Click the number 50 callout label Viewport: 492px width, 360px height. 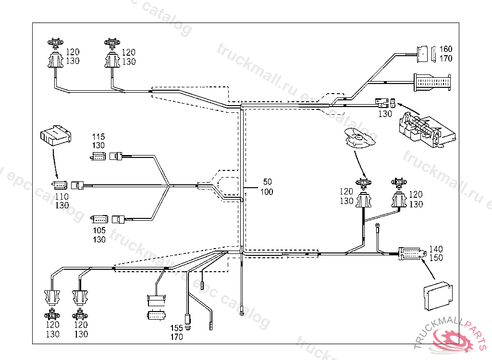tap(267, 182)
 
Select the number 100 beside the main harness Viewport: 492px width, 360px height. tap(267, 192)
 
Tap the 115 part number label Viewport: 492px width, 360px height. tap(98, 137)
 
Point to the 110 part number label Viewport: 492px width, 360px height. tap(61, 196)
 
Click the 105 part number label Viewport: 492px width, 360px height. tap(99, 231)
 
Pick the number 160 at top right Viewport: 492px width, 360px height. tap(446, 49)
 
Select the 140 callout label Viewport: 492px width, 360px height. tap(436, 249)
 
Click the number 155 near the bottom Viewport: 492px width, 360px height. tap(177, 328)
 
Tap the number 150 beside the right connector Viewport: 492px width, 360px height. tap(436, 258)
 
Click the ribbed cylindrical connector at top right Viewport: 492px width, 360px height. tap(432, 82)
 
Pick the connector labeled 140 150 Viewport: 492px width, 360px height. tap(411, 253)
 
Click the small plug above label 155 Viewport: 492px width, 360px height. tap(188, 318)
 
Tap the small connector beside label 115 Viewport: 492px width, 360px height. tap(98, 156)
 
